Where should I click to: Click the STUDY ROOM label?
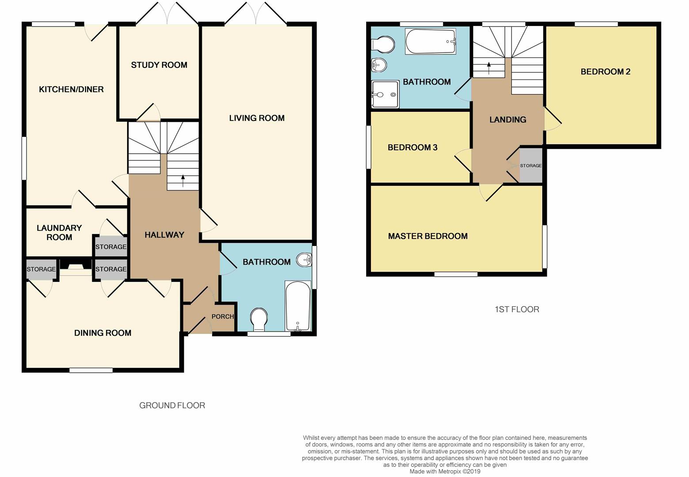159,65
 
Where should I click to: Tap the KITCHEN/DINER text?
71,90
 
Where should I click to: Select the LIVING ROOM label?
257,118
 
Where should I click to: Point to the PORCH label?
223,317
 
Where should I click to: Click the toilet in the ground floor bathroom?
259,319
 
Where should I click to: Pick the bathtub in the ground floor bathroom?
298,306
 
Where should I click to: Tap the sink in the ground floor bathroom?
304,260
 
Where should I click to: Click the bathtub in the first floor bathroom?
430,41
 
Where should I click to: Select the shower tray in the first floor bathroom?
385,95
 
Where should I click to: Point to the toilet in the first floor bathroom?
383,45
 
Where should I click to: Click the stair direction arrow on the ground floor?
183,181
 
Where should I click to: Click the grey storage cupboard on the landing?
531,166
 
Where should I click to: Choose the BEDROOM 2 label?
606,72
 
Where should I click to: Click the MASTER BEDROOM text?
428,236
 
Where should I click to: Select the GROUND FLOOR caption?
172,405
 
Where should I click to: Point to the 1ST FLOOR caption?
517,310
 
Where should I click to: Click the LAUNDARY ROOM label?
59,232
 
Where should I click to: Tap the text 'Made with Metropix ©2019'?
445,471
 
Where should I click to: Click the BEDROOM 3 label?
413,148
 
